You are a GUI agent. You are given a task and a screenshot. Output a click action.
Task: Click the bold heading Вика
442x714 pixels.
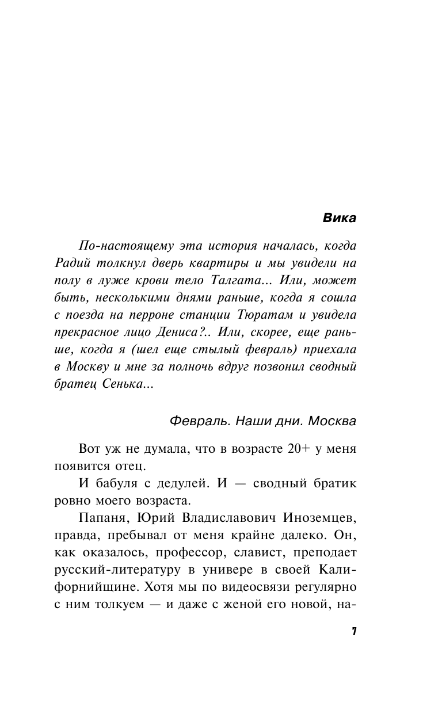pos(340,218)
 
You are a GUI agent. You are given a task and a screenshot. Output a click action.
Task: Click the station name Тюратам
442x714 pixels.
pos(261,315)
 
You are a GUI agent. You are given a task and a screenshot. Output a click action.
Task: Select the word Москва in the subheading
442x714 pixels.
pos(332,421)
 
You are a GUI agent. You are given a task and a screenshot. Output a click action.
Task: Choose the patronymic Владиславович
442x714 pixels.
pos(220,518)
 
